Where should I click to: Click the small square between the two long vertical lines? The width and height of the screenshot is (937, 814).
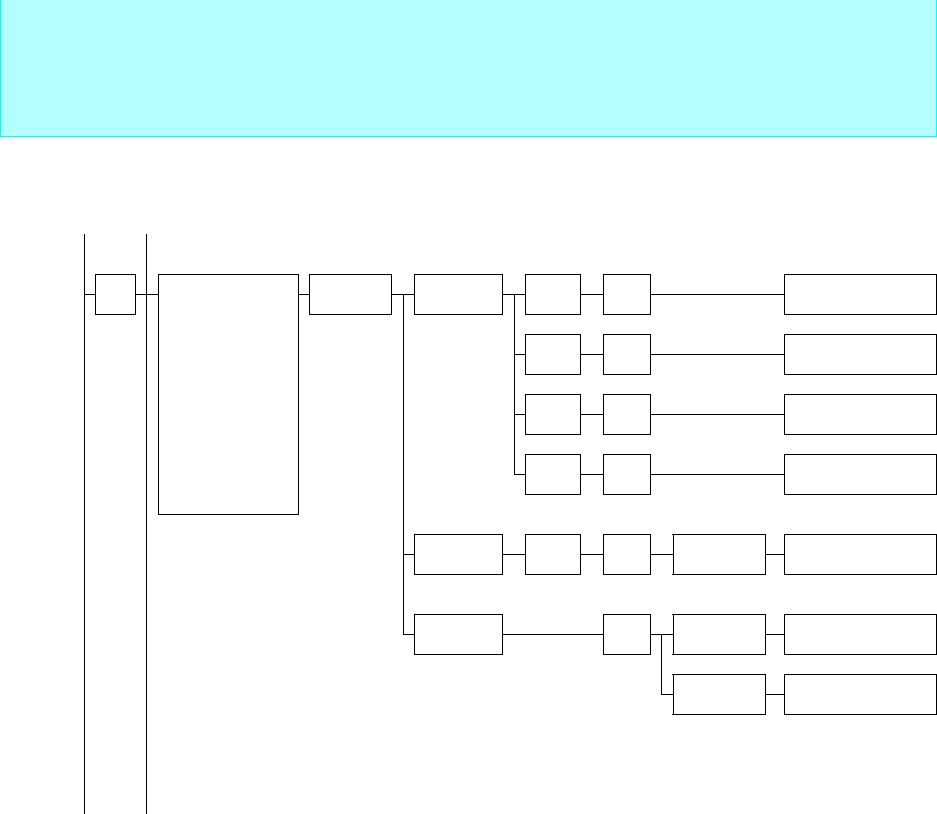[115, 294]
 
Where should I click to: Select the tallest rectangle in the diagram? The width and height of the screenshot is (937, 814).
[228, 393]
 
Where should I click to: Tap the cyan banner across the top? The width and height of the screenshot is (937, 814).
[468, 68]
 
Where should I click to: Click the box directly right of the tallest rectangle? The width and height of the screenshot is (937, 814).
[350, 294]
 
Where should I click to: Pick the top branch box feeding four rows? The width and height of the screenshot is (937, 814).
[458, 294]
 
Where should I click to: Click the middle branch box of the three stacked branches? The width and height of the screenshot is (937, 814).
[458, 555]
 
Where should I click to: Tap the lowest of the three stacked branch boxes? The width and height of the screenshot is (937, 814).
[458, 635]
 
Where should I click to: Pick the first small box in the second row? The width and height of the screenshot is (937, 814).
[553, 354]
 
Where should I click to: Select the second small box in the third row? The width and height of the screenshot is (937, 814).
[627, 414]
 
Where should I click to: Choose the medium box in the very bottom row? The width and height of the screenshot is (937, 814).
[719, 695]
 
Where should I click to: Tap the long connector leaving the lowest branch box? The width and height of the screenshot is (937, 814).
[553, 635]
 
